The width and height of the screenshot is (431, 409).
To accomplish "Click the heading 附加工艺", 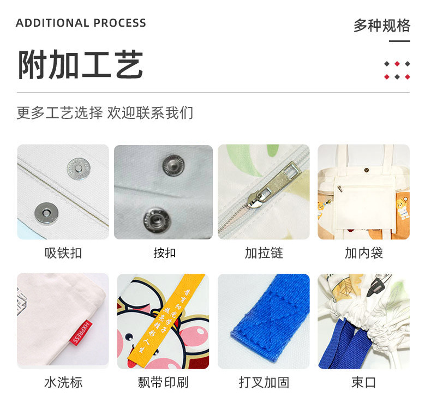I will click(x=80, y=65).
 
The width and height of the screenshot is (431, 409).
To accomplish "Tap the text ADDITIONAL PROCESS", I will click(x=81, y=23).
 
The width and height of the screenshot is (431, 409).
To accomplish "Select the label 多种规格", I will click(x=381, y=25).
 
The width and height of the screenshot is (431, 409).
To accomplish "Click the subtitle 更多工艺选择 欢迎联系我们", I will click(x=105, y=113).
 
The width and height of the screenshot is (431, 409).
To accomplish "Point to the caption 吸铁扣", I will click(x=63, y=253).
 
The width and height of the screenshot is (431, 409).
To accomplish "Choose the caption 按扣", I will click(x=164, y=253).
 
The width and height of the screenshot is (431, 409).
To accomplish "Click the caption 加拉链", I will click(x=264, y=253).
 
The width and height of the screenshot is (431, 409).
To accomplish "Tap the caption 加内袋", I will click(x=363, y=253).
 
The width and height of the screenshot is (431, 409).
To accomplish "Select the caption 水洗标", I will click(x=63, y=382).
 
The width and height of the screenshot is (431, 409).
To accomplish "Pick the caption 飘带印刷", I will click(x=163, y=382).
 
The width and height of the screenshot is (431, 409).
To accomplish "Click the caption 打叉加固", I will click(x=264, y=382).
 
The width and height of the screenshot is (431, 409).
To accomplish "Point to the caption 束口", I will click(x=363, y=382).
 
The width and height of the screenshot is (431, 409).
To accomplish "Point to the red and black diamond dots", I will click(x=397, y=70).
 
